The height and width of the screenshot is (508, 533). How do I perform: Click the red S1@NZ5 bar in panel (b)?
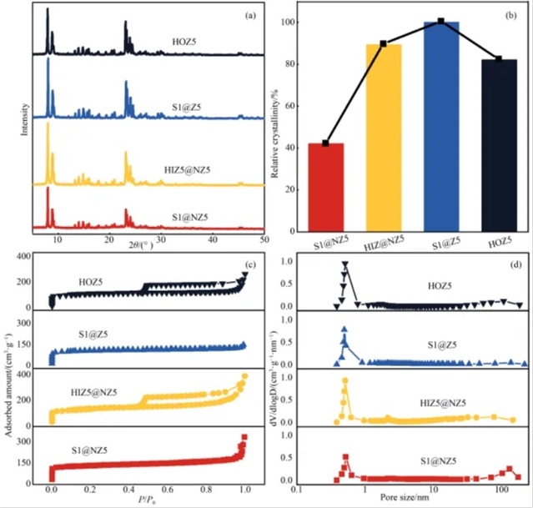pos(326,188)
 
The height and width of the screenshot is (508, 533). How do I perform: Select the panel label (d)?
pos(515,267)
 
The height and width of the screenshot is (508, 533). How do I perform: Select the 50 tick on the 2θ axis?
pos(264,239)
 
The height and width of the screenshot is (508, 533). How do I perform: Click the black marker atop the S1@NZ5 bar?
pos(326,143)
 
